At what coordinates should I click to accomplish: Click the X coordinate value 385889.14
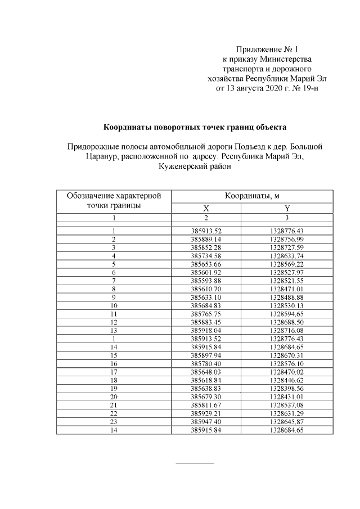point(206,239)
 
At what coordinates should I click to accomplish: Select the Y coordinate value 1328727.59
point(286,247)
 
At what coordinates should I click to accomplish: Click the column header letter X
point(206,208)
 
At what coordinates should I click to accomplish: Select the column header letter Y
point(286,208)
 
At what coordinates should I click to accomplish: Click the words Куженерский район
point(194,167)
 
